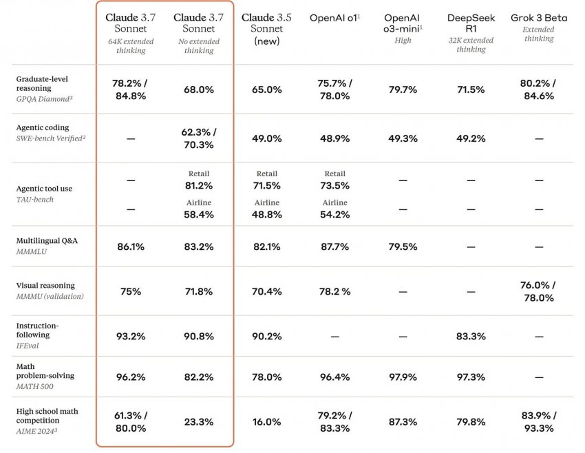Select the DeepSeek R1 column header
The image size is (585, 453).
point(471,23)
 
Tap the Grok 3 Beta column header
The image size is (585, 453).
point(539,18)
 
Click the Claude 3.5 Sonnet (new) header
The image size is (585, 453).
point(266,28)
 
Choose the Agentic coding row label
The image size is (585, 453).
point(43,127)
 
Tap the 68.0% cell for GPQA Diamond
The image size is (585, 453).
point(198,89)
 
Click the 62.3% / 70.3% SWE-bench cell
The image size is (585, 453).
point(198,138)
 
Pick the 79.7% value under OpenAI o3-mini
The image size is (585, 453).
point(403,89)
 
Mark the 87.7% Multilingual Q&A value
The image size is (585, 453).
point(335,246)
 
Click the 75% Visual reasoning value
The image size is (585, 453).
point(131,291)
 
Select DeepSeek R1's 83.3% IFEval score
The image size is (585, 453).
point(471,336)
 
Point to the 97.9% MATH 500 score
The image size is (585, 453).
point(403,377)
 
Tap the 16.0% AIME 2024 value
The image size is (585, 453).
point(266,421)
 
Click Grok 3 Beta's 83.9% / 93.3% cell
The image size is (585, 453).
point(539,421)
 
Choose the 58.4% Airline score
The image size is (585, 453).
point(198,215)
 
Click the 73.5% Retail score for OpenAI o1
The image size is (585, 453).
point(335,185)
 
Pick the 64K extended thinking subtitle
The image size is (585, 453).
point(131,46)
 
